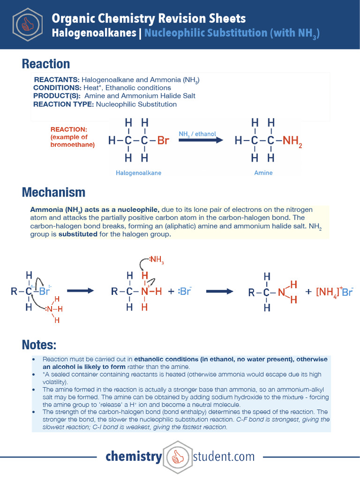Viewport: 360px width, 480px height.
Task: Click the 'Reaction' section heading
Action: pyautogui.click(x=46, y=64)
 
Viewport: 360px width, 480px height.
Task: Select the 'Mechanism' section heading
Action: pyautogui.click(x=53, y=192)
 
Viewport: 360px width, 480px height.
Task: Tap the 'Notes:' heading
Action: pyautogui.click(x=39, y=345)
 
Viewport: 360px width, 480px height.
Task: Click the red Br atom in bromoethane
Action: pyautogui.click(x=163, y=140)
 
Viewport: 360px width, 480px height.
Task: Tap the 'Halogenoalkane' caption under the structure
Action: pyautogui.click(x=138, y=173)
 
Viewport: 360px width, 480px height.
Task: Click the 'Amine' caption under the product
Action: pyautogui.click(x=263, y=173)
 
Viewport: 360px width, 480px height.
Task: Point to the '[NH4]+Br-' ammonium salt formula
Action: pyautogui.click(x=334, y=292)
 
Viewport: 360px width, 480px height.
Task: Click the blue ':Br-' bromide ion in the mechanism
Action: pyautogui.click(x=185, y=291)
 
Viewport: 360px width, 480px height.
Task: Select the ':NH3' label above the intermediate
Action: pyautogui.click(x=156, y=259)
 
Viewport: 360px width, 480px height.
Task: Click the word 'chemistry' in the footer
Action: pyautogui.click(x=134, y=457)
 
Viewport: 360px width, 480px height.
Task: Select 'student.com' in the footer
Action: pyautogui.click(x=224, y=457)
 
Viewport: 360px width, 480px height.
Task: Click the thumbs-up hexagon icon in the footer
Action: pyautogui.click(x=177, y=457)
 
